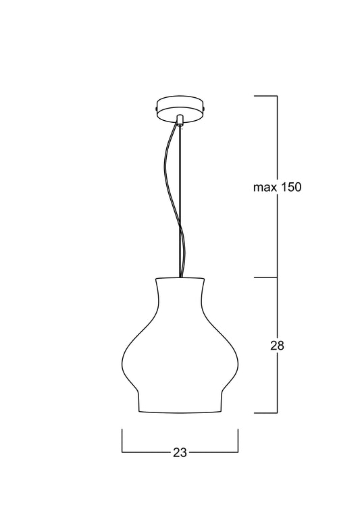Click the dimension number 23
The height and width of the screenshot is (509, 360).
click(180, 452)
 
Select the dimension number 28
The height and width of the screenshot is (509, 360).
click(277, 346)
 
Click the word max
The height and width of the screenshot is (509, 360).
click(264, 188)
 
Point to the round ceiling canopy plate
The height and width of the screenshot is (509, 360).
click(180, 110)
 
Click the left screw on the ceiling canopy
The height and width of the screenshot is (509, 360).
click(157, 107)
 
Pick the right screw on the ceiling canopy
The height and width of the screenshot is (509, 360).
click(205, 107)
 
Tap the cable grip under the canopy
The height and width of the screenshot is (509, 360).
click(180, 119)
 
